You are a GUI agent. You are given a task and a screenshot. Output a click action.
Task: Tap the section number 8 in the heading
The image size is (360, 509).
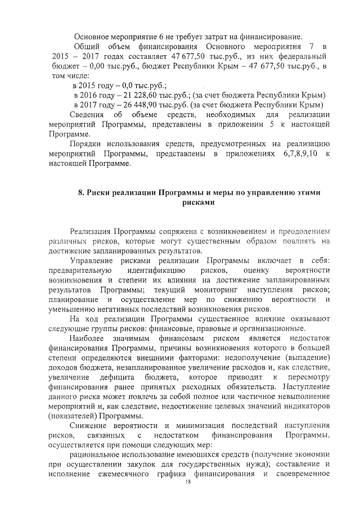(x=80, y=192)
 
